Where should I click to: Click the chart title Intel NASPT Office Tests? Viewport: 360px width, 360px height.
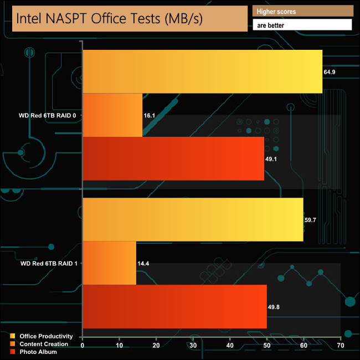pyautogui.click(x=110, y=18)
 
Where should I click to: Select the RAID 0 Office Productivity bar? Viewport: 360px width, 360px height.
pyautogui.click(x=202, y=71)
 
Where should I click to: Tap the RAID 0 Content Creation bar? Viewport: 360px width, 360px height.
pyautogui.click(x=112, y=115)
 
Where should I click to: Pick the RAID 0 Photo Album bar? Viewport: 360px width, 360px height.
pyautogui.click(x=173, y=158)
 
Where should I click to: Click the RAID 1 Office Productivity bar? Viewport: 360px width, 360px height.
pyautogui.click(x=193, y=219)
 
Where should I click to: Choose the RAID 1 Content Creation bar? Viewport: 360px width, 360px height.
pyautogui.click(x=109, y=263)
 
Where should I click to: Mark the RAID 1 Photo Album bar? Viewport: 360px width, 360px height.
pyautogui.click(x=174, y=306)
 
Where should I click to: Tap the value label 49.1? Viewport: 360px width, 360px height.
pyautogui.click(x=272, y=159)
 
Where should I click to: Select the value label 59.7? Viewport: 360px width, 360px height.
pyautogui.click(x=311, y=220)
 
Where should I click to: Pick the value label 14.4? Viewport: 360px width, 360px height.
pyautogui.click(x=143, y=263)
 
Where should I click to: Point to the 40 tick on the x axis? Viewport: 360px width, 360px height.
pyautogui.click(x=230, y=346)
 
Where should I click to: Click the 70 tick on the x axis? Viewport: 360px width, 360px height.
pyautogui.click(x=341, y=346)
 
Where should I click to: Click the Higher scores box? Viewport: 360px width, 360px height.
pyautogui.click(x=302, y=11)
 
